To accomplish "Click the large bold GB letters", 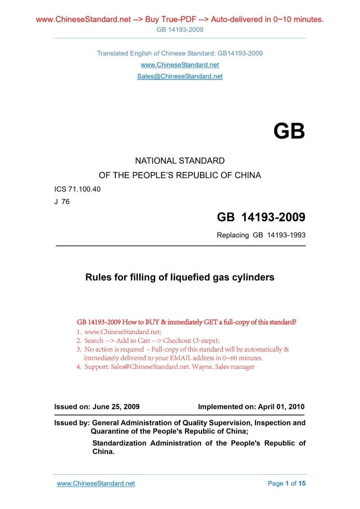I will pyautogui.click(x=289, y=131).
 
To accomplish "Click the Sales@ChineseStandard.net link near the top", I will pyautogui.click(x=180, y=76).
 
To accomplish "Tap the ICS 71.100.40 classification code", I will pyautogui.click(x=77, y=189).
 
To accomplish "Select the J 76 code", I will pyautogui.click(x=62, y=202).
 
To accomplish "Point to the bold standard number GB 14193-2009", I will pyautogui.click(x=261, y=217).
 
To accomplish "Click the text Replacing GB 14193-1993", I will pyautogui.click(x=261, y=235).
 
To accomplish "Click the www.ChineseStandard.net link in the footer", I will pyautogui.click(x=96, y=484).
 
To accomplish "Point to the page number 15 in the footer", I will pyautogui.click(x=302, y=484).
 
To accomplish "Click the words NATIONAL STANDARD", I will pyautogui.click(x=180, y=161).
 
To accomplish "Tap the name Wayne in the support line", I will pyautogui.click(x=203, y=367).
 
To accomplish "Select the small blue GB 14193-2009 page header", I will pyautogui.click(x=180, y=30).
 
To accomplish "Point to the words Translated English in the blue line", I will pyautogui.click(x=118, y=53).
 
